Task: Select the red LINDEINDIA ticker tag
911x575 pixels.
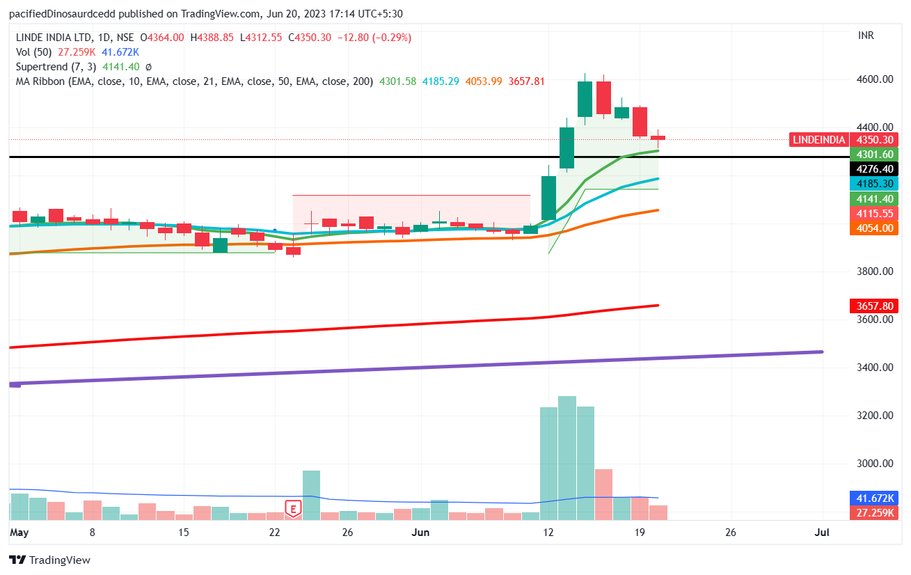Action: pos(818,140)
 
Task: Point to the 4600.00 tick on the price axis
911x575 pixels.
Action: pos(873,79)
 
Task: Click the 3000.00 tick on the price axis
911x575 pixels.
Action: pos(873,464)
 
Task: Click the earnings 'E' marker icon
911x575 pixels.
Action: pos(293,509)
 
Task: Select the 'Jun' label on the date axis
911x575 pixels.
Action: pos(420,533)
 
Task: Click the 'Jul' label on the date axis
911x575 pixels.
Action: pos(822,533)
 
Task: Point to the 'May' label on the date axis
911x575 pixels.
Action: pos(19,533)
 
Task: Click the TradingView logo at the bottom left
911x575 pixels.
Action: pos(49,560)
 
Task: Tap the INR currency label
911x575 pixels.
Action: pos(866,36)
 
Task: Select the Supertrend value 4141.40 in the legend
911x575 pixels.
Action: pos(121,67)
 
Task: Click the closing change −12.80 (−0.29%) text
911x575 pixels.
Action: pos(374,38)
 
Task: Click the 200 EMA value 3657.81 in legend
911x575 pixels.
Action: pos(527,81)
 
